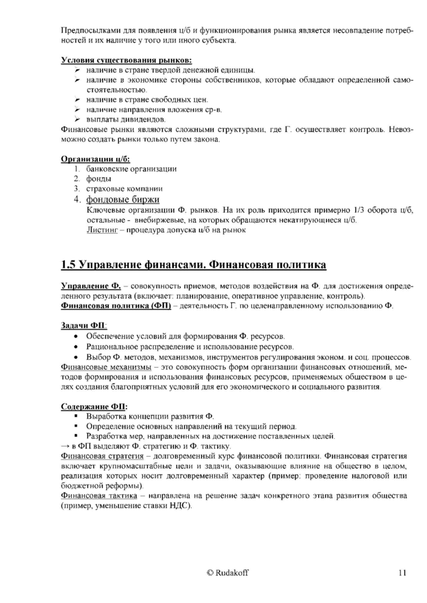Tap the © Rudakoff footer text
click(x=232, y=572)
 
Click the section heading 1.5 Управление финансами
click(x=194, y=264)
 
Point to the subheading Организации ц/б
click(x=91, y=159)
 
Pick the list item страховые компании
click(x=125, y=189)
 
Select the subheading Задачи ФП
click(x=80, y=326)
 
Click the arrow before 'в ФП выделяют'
click(x=66, y=445)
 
